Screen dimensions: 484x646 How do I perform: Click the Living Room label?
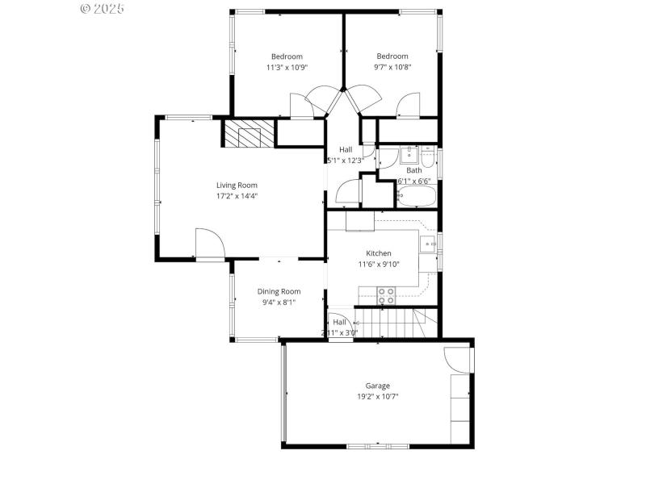237,185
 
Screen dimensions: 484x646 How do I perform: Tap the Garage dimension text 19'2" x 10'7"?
377,396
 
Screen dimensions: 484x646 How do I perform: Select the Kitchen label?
379,253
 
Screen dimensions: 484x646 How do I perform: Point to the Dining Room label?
279,291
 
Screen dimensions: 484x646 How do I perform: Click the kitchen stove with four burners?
387,296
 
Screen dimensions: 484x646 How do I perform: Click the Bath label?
413,170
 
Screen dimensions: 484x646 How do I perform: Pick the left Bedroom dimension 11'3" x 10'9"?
287,67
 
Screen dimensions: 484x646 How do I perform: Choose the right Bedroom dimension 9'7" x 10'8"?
392,67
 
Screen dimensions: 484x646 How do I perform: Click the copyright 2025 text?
102,8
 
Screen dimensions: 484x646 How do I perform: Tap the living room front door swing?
208,243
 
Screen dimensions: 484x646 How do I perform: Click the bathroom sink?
409,153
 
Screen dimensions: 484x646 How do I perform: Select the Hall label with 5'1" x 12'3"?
346,149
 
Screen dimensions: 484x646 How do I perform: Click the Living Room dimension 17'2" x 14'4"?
237,195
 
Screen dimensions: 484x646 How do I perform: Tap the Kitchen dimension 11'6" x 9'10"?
379,264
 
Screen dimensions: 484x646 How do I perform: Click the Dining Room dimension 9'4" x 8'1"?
279,302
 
